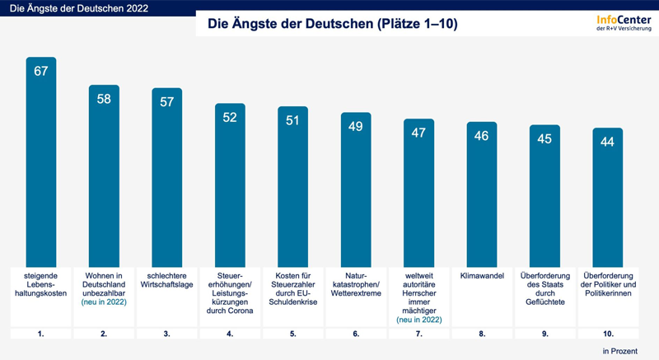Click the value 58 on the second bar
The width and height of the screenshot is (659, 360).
[x=104, y=99]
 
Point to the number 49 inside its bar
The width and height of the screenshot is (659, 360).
[x=356, y=126]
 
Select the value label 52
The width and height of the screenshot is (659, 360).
[x=230, y=118]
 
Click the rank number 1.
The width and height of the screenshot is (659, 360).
[x=40, y=333]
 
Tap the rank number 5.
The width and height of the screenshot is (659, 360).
[x=292, y=333]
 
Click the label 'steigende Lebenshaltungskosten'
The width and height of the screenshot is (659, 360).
[x=40, y=284]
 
